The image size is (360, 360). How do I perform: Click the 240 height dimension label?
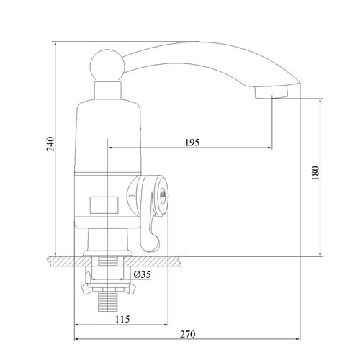pyautogui.click(x=50, y=144)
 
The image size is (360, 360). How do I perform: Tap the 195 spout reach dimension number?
pyautogui.click(x=192, y=143)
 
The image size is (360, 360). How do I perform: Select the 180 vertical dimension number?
pyautogui.click(x=315, y=173)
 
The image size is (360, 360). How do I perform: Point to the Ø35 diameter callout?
pyautogui.click(x=143, y=274)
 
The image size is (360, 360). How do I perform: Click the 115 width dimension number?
pyautogui.click(x=122, y=319)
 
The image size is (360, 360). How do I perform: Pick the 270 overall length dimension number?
pyautogui.click(x=188, y=334)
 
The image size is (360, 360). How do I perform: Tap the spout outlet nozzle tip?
pyautogui.click(x=271, y=91)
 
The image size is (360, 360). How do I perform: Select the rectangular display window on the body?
pyautogui.click(x=104, y=205)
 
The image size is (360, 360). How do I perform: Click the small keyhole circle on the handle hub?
pyautogui.click(x=163, y=193)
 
